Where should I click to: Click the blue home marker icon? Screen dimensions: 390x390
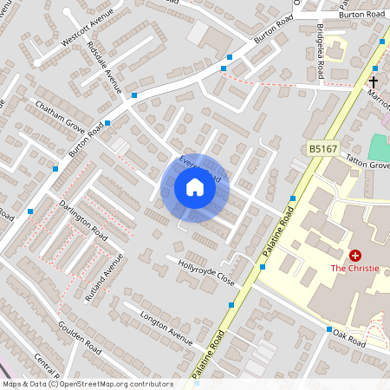(194, 187)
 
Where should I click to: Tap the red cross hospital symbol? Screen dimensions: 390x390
(355, 256)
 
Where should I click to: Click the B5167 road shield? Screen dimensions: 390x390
(322, 150)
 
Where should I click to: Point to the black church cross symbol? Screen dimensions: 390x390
(374, 82)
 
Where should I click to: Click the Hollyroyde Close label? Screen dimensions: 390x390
(206, 270)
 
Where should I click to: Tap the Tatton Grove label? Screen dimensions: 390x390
(369, 164)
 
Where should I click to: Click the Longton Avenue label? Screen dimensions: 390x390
(166, 326)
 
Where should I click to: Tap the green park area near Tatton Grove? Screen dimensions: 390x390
(379, 146)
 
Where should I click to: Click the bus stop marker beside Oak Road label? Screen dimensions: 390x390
(329, 330)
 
